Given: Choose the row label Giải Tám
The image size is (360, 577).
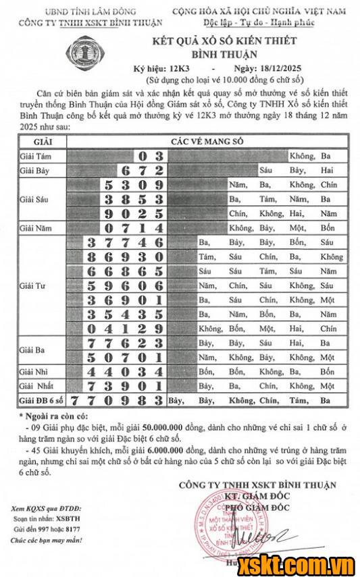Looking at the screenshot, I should [34, 156].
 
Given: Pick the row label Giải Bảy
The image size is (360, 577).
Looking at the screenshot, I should [34, 170].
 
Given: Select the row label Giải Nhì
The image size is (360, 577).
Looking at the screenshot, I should [33, 372].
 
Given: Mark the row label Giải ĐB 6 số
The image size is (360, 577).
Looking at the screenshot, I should [38, 400].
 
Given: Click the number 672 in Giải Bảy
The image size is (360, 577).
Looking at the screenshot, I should [141, 170].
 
